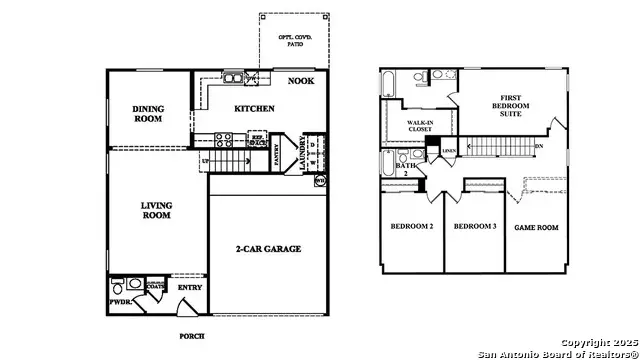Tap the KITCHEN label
point(254,108)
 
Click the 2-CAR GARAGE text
point(268,249)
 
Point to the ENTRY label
point(190,288)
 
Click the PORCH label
point(192,336)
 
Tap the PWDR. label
point(118,300)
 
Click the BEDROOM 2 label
point(410,227)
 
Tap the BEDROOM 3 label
point(475,227)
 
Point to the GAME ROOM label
point(537,227)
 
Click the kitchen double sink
point(232,77)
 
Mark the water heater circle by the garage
point(320,181)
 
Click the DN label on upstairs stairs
point(539,145)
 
